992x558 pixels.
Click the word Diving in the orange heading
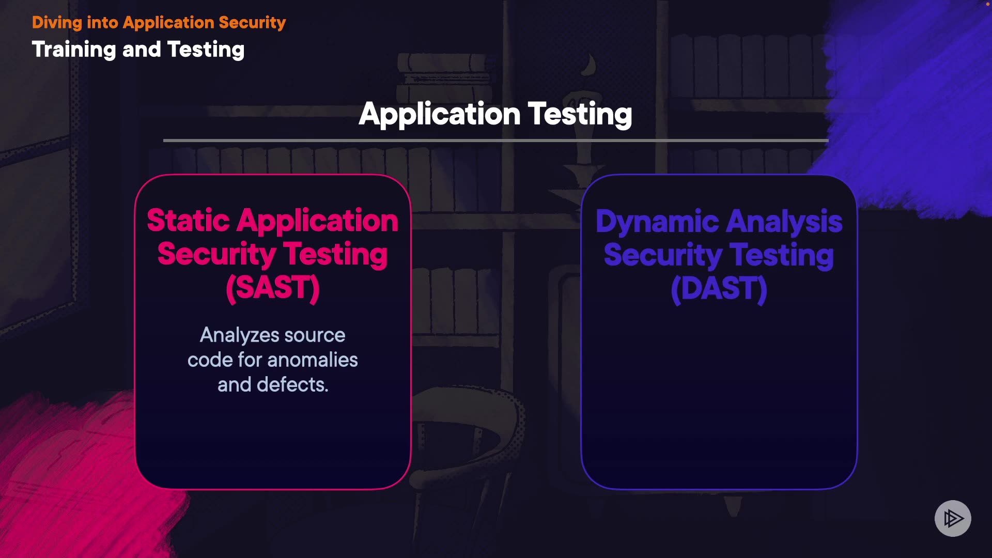tap(57, 23)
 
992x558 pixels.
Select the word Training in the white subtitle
tap(74, 50)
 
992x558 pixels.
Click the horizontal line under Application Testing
tap(496, 140)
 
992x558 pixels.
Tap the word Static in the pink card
tap(188, 221)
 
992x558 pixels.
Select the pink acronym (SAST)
tap(273, 288)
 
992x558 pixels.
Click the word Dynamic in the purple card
tap(657, 222)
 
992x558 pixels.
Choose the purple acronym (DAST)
tap(719, 289)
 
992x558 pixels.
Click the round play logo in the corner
tap(953, 518)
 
